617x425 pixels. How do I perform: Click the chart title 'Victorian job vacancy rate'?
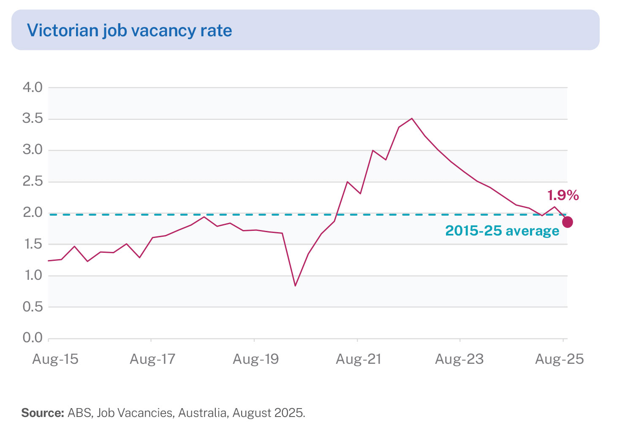click(129, 31)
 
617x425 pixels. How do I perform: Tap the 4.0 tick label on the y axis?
click(33, 87)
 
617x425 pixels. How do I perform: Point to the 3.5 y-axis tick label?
click(33, 119)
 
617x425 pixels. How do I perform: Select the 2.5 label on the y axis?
click(33, 181)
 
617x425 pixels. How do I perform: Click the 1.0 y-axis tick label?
click(33, 275)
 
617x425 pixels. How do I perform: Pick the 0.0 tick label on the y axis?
click(33, 338)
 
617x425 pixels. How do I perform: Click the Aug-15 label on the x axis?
click(55, 359)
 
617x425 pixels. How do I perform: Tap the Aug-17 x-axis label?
click(152, 359)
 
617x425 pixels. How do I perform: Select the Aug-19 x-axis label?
click(256, 359)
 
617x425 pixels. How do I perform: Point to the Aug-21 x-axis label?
click(359, 359)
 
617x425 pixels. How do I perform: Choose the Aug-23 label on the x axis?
click(459, 359)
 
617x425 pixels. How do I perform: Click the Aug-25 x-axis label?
click(560, 359)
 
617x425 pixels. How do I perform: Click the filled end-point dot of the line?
click(568, 222)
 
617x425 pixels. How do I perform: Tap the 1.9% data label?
click(563, 195)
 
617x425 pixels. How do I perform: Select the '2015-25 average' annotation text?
click(502, 231)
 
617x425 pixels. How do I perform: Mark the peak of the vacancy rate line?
click(412, 119)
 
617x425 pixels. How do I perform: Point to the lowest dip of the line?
click(295, 286)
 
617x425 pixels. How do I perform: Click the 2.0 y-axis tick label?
click(33, 212)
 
